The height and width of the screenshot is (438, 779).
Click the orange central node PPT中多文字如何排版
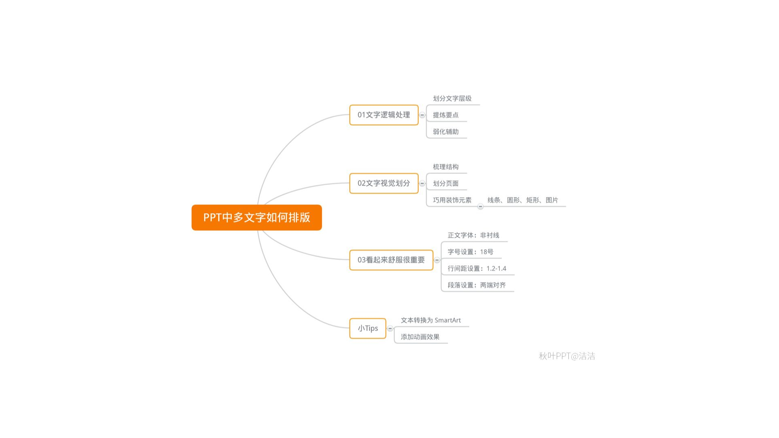pyautogui.click(x=256, y=217)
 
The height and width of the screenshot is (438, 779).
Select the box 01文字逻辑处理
pyautogui.click(x=384, y=115)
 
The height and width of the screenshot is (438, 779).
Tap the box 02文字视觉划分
pyautogui.click(x=384, y=183)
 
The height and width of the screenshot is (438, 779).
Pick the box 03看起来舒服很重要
pyautogui.click(x=391, y=260)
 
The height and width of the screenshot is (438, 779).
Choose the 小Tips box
pyautogui.click(x=368, y=328)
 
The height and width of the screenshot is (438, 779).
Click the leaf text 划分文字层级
pyautogui.click(x=452, y=99)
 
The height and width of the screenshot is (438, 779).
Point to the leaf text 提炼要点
pyautogui.click(x=445, y=115)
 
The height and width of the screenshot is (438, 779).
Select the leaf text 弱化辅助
pyautogui.click(x=445, y=132)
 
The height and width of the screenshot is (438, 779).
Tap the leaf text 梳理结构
pyautogui.click(x=445, y=167)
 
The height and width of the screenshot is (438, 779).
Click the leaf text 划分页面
pyautogui.click(x=445, y=183)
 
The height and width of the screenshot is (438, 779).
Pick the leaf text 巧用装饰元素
pyautogui.click(x=452, y=200)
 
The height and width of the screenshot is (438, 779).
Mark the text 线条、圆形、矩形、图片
pyautogui.click(x=523, y=200)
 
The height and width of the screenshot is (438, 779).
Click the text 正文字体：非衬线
pyautogui.click(x=473, y=235)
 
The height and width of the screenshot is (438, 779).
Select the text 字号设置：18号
pyautogui.click(x=470, y=252)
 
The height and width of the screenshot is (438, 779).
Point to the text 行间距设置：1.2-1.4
pyautogui.click(x=477, y=268)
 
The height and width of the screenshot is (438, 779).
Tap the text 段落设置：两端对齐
pyautogui.click(x=477, y=285)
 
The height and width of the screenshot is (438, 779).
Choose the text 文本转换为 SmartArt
pyautogui.click(x=431, y=320)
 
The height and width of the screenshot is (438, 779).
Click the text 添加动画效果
pyautogui.click(x=420, y=337)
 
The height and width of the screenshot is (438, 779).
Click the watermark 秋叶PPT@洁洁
pyautogui.click(x=567, y=356)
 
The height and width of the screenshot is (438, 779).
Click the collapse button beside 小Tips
pyautogui.click(x=390, y=328)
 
